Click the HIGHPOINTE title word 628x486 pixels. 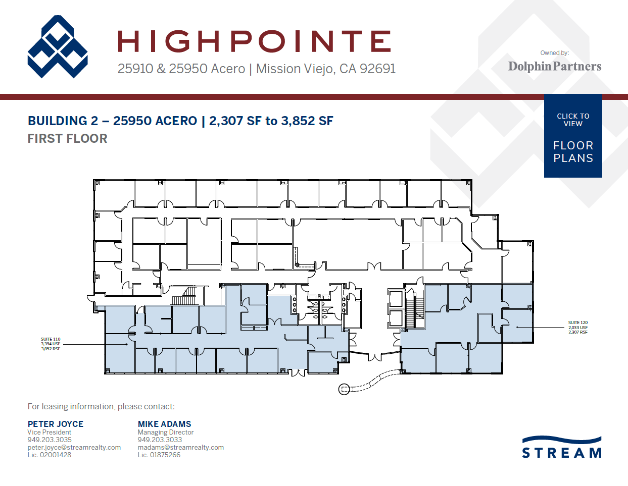(x=254, y=41)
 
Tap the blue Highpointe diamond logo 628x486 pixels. (x=58, y=47)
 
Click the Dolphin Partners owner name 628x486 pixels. (x=554, y=66)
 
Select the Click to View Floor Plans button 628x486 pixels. (x=573, y=136)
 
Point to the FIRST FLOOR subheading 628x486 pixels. (x=67, y=138)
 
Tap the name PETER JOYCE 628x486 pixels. (x=56, y=424)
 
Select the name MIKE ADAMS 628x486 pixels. (x=164, y=424)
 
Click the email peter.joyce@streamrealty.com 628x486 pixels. (x=74, y=447)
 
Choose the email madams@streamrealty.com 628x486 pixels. (x=180, y=447)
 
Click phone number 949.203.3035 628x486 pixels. (x=50, y=440)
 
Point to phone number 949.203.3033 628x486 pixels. (x=160, y=440)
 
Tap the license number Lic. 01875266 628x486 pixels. (x=159, y=455)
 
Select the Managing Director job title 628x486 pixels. (x=165, y=432)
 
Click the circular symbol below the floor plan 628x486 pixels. (x=344, y=389)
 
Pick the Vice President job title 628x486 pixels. (x=49, y=432)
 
